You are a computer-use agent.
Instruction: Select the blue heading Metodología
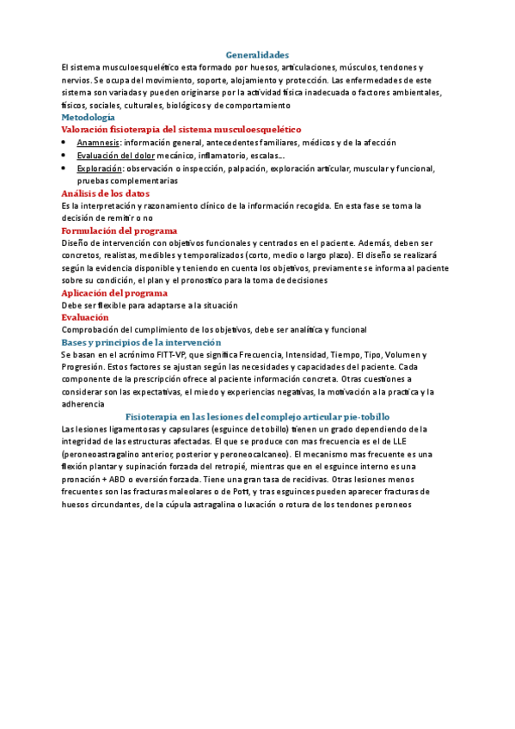pyautogui.click(x=89, y=116)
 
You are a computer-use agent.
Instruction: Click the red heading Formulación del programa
pyautogui.click(x=120, y=230)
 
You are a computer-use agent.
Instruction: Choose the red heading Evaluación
pyautogui.click(x=85, y=317)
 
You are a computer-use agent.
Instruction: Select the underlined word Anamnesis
pyautogui.click(x=98, y=143)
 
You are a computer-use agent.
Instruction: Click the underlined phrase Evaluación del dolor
pyautogui.click(x=114, y=156)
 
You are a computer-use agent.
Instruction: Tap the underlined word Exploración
pyautogui.click(x=100, y=168)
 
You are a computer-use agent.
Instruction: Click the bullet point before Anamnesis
pyautogui.click(x=65, y=143)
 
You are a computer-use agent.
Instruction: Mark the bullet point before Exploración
pyautogui.click(x=65, y=168)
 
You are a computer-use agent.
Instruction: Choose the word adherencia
pyautogui.click(x=85, y=404)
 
